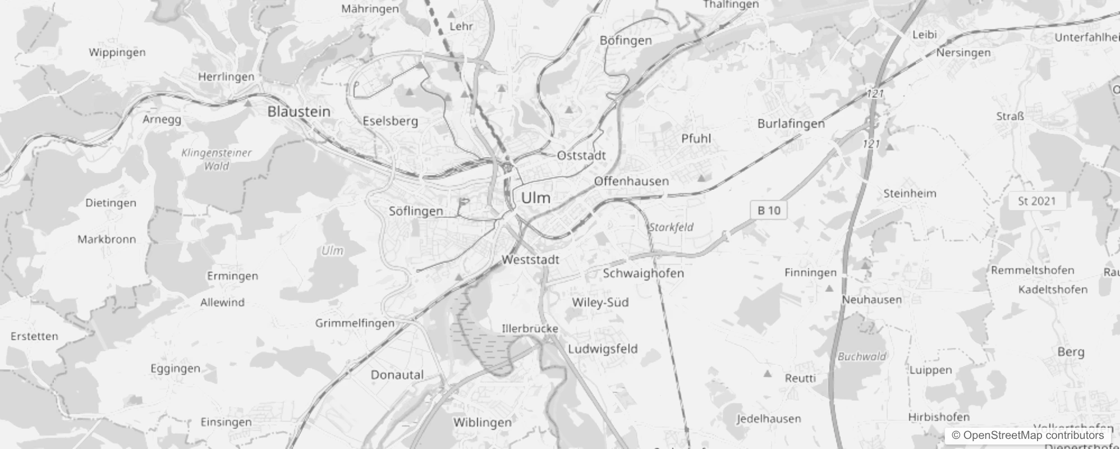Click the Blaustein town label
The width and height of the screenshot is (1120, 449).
[299, 111]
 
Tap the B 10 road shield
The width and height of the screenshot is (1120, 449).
[769, 210]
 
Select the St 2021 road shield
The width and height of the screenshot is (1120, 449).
[1036, 201]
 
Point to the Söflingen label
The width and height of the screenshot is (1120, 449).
[416, 211]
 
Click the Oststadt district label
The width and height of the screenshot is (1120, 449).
[581, 155]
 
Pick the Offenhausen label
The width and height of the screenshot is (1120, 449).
[631, 181]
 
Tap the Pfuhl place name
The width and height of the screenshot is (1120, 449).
[696, 139]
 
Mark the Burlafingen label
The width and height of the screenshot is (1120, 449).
[791, 123]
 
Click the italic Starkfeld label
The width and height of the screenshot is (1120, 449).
[671, 227]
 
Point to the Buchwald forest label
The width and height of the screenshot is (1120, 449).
[862, 356]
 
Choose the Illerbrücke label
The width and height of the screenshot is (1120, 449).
[530, 328]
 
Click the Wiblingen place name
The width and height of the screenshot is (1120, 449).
[483, 422]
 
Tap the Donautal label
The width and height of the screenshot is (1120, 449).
[397, 374]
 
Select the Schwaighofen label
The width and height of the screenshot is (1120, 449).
[643, 273]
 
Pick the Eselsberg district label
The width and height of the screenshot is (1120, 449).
[390, 121]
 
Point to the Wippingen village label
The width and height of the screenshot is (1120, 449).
[117, 52]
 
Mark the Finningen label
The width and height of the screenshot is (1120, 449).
[810, 273]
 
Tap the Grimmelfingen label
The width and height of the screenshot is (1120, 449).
[355, 323]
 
